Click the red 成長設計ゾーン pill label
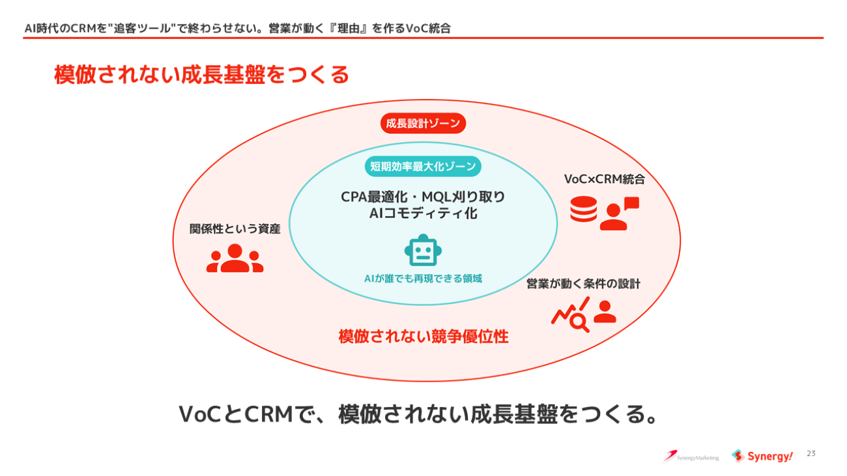(x=423, y=123)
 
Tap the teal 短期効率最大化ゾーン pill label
(x=423, y=166)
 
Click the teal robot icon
(x=423, y=250)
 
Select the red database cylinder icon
(x=583, y=209)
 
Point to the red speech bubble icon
(x=631, y=203)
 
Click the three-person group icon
(x=235, y=259)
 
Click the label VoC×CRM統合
(x=604, y=179)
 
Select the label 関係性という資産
(x=235, y=229)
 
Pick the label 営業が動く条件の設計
(x=583, y=284)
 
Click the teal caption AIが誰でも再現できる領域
(x=423, y=279)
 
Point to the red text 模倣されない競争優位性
(x=423, y=336)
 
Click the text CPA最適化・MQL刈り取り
(x=423, y=197)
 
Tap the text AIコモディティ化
(x=423, y=214)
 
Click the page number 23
(x=811, y=453)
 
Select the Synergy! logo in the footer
(x=762, y=456)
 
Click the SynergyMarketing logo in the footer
(x=691, y=456)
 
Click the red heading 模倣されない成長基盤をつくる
(x=201, y=74)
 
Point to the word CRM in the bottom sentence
(x=269, y=414)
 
